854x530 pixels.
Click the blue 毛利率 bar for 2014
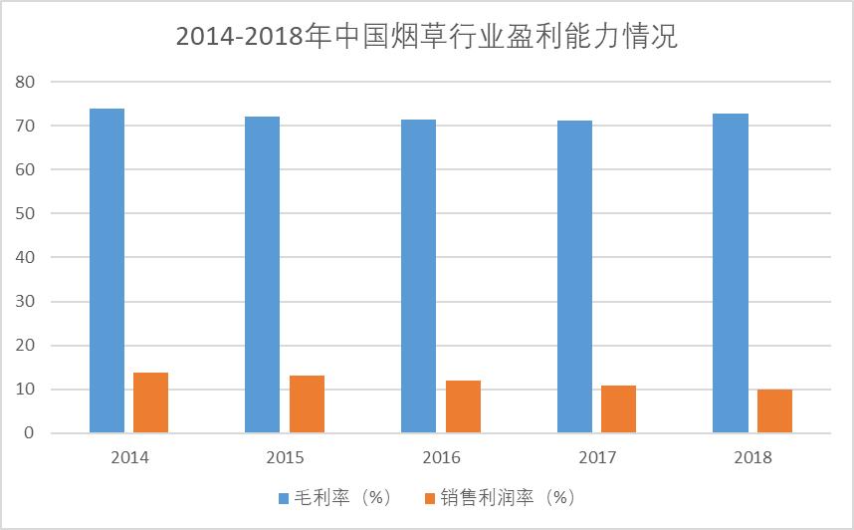tap(107, 271)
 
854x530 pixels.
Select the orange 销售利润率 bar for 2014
tap(151, 402)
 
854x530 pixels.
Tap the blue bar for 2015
tap(262, 275)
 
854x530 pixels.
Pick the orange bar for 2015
tap(307, 404)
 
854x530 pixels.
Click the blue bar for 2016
tap(418, 276)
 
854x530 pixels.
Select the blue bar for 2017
tap(574, 277)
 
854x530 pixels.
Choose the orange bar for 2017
tap(618, 409)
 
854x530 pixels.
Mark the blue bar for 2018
tap(731, 273)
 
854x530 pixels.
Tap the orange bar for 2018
tap(774, 411)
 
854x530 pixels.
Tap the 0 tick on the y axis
tap(29, 433)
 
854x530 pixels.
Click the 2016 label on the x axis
tap(441, 458)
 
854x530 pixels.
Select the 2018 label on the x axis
tap(753, 458)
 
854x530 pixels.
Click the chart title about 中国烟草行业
tap(426, 37)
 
